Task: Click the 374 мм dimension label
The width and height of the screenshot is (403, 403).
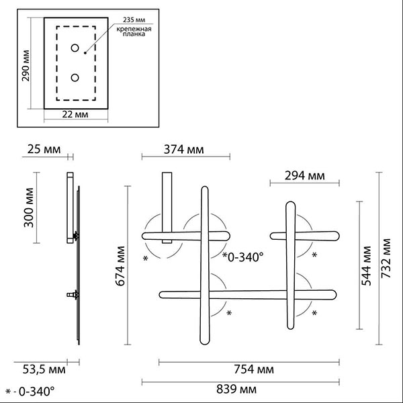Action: (x=184, y=149)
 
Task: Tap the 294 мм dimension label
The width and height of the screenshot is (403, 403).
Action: (x=304, y=176)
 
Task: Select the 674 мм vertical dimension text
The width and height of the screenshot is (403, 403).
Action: (x=120, y=266)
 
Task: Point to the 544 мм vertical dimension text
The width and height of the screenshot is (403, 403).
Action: (x=367, y=266)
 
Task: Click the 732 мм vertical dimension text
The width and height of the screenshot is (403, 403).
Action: (x=386, y=259)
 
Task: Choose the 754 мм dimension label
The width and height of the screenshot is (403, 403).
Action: (x=254, y=369)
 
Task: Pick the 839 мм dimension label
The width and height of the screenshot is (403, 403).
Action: (x=236, y=389)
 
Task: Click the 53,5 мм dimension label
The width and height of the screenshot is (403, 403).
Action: (x=44, y=369)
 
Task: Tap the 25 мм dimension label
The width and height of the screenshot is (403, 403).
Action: (x=44, y=149)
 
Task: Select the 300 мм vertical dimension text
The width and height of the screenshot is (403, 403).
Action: (x=29, y=208)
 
